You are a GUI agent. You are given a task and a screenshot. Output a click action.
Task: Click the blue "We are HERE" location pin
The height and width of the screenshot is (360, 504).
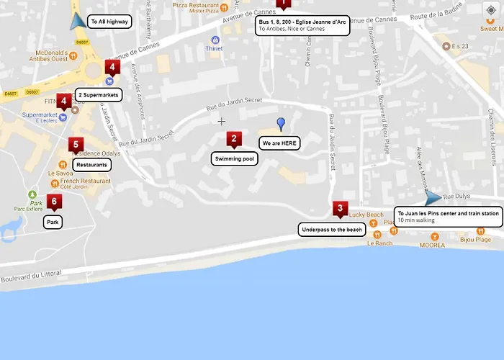[x=281, y=124]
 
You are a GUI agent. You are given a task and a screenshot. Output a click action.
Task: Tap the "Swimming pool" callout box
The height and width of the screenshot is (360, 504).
[x=235, y=158]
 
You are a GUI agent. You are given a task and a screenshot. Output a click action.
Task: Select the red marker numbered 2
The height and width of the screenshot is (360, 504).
[x=233, y=140]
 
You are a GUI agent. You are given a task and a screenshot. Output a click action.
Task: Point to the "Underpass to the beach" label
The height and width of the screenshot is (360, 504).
[x=332, y=230]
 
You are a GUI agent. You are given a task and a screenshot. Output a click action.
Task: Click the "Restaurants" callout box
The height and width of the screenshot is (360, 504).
[x=91, y=165]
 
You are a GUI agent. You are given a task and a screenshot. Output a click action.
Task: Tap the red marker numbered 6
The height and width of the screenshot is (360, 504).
[x=53, y=202]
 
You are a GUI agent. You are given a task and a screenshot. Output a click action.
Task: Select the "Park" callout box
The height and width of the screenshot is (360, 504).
[x=53, y=222]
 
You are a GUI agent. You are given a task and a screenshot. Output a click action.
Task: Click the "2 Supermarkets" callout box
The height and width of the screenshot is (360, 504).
[x=97, y=94]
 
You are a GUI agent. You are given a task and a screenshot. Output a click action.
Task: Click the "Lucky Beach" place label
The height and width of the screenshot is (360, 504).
[x=366, y=215]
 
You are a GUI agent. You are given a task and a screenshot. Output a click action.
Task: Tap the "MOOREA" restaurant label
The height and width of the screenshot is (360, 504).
[x=432, y=246]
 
